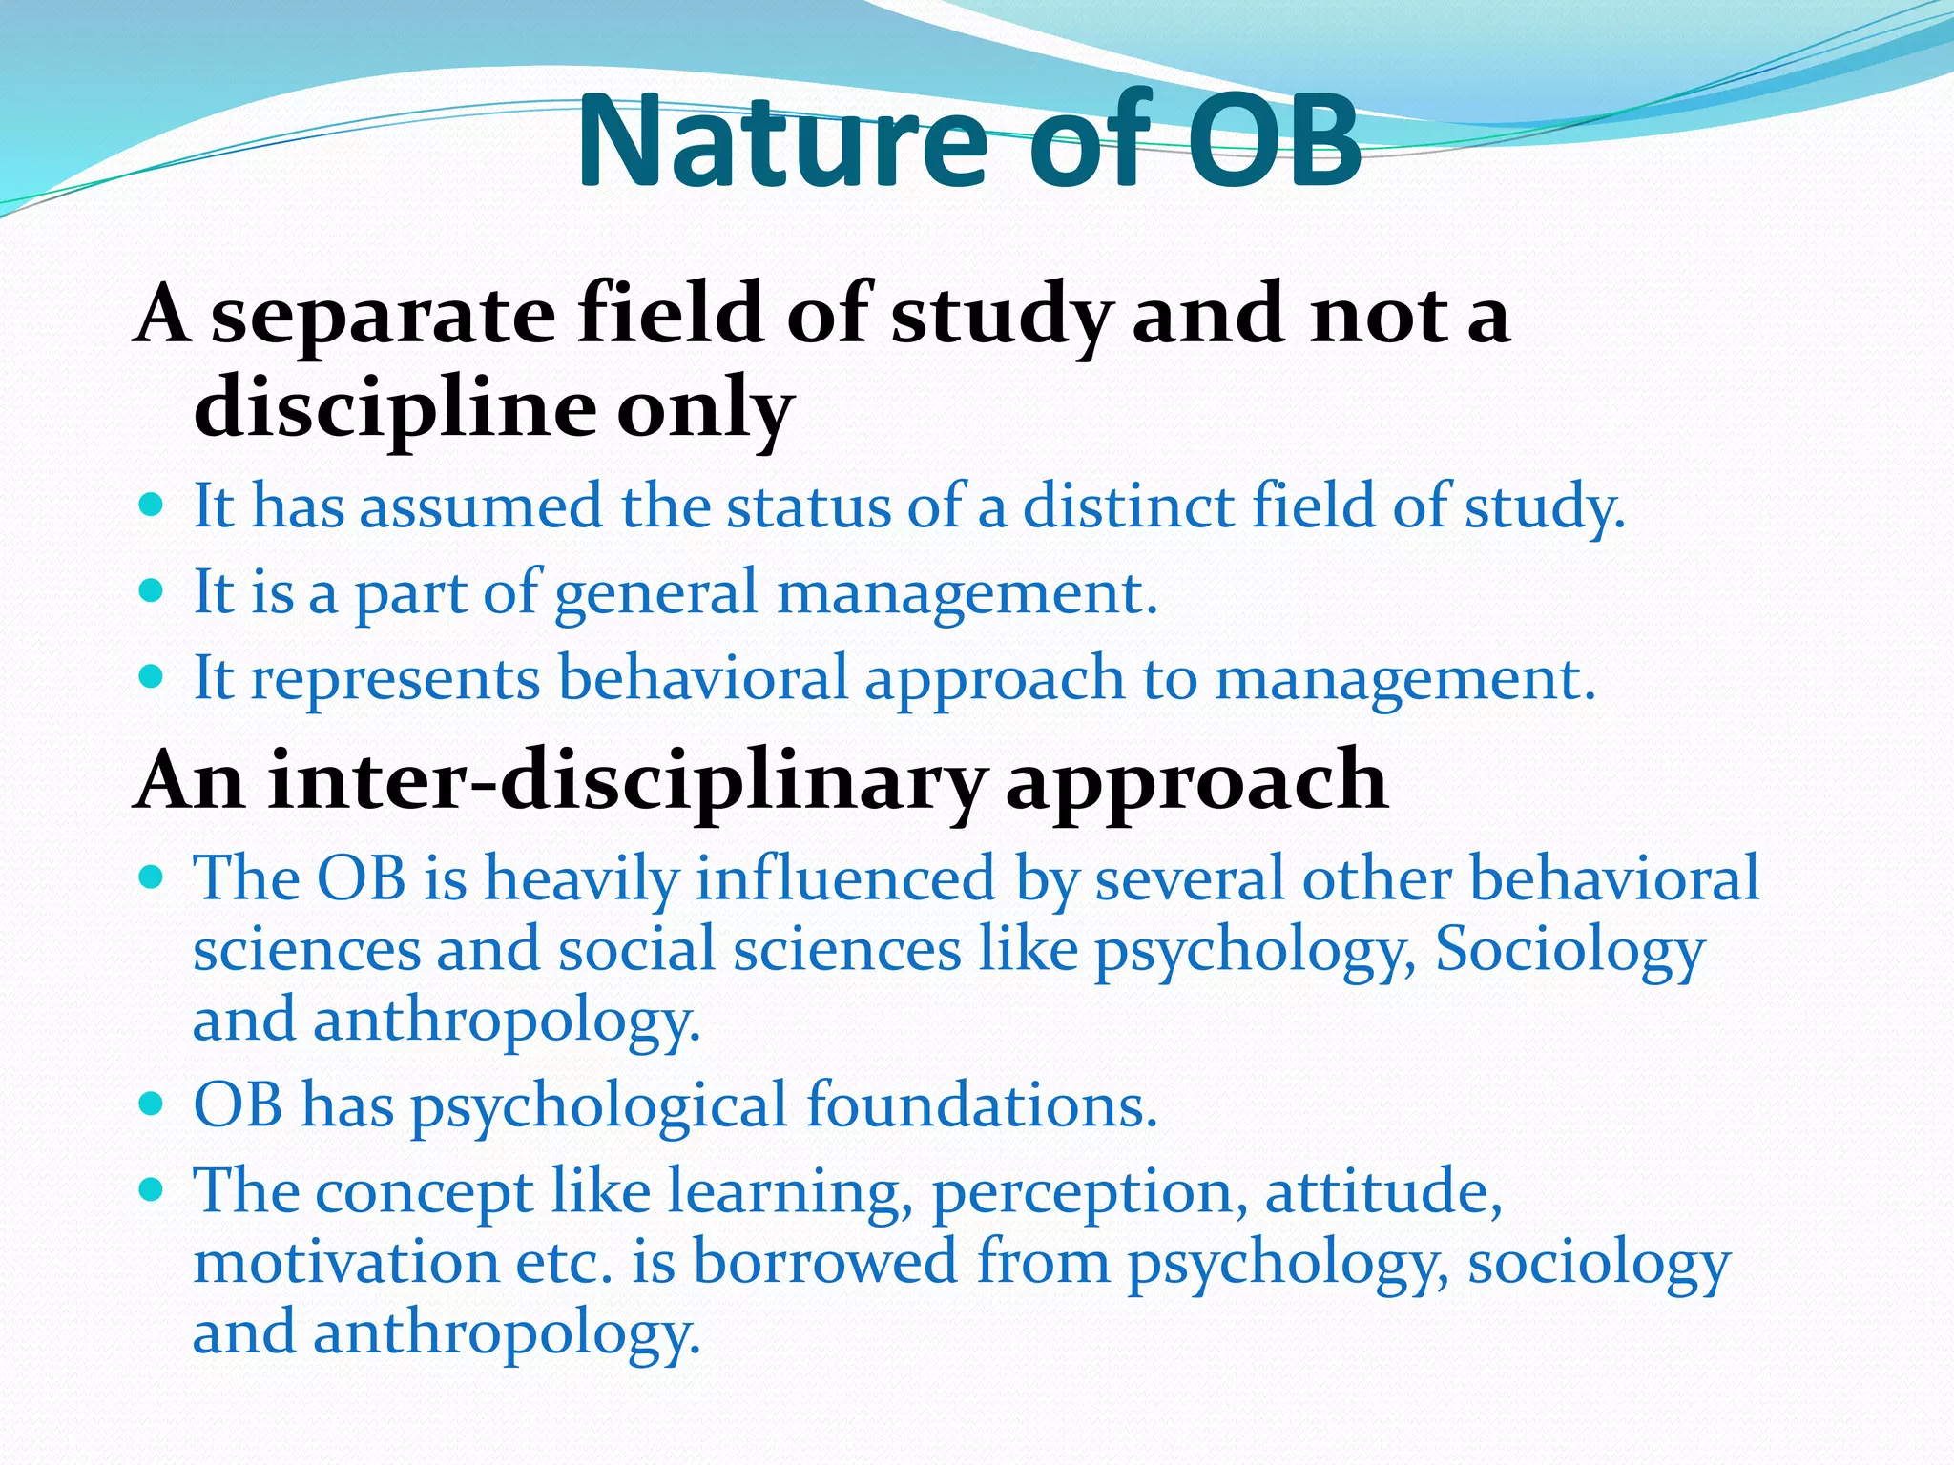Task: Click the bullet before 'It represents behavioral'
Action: (x=151, y=676)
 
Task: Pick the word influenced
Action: (x=845, y=877)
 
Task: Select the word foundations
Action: (x=982, y=1106)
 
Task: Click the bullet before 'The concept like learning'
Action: (x=151, y=1189)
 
